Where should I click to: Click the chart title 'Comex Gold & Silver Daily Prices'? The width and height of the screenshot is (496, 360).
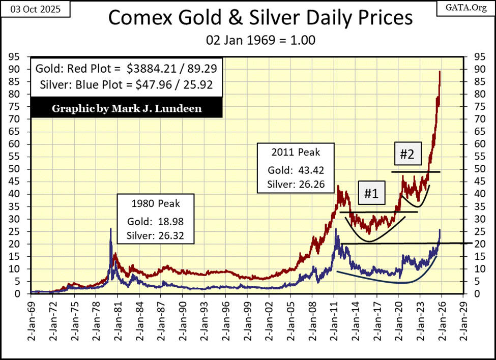260,18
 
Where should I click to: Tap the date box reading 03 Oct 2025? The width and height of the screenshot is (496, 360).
30,10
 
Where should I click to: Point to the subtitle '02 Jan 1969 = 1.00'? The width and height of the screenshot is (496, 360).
260,39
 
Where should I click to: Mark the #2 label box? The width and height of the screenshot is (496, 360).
407,154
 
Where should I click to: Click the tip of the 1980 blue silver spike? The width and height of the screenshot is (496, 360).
111,228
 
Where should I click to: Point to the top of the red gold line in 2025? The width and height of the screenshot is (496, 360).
440,72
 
